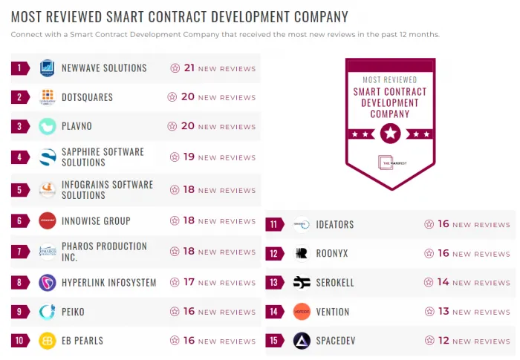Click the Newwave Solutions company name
(x=104, y=68)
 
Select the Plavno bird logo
(x=48, y=126)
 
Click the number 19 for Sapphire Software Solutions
(x=189, y=157)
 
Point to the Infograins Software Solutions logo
(x=48, y=190)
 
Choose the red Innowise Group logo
(x=48, y=220)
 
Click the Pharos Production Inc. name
(x=104, y=252)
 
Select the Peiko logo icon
(x=48, y=312)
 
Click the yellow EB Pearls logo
(x=48, y=341)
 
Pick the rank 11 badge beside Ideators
(x=274, y=224)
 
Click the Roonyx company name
(x=332, y=254)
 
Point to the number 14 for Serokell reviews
(x=443, y=282)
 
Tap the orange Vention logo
(x=302, y=312)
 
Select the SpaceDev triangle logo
(x=302, y=341)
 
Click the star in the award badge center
(x=390, y=134)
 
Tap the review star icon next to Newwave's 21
(x=175, y=68)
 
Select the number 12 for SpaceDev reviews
(x=443, y=341)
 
